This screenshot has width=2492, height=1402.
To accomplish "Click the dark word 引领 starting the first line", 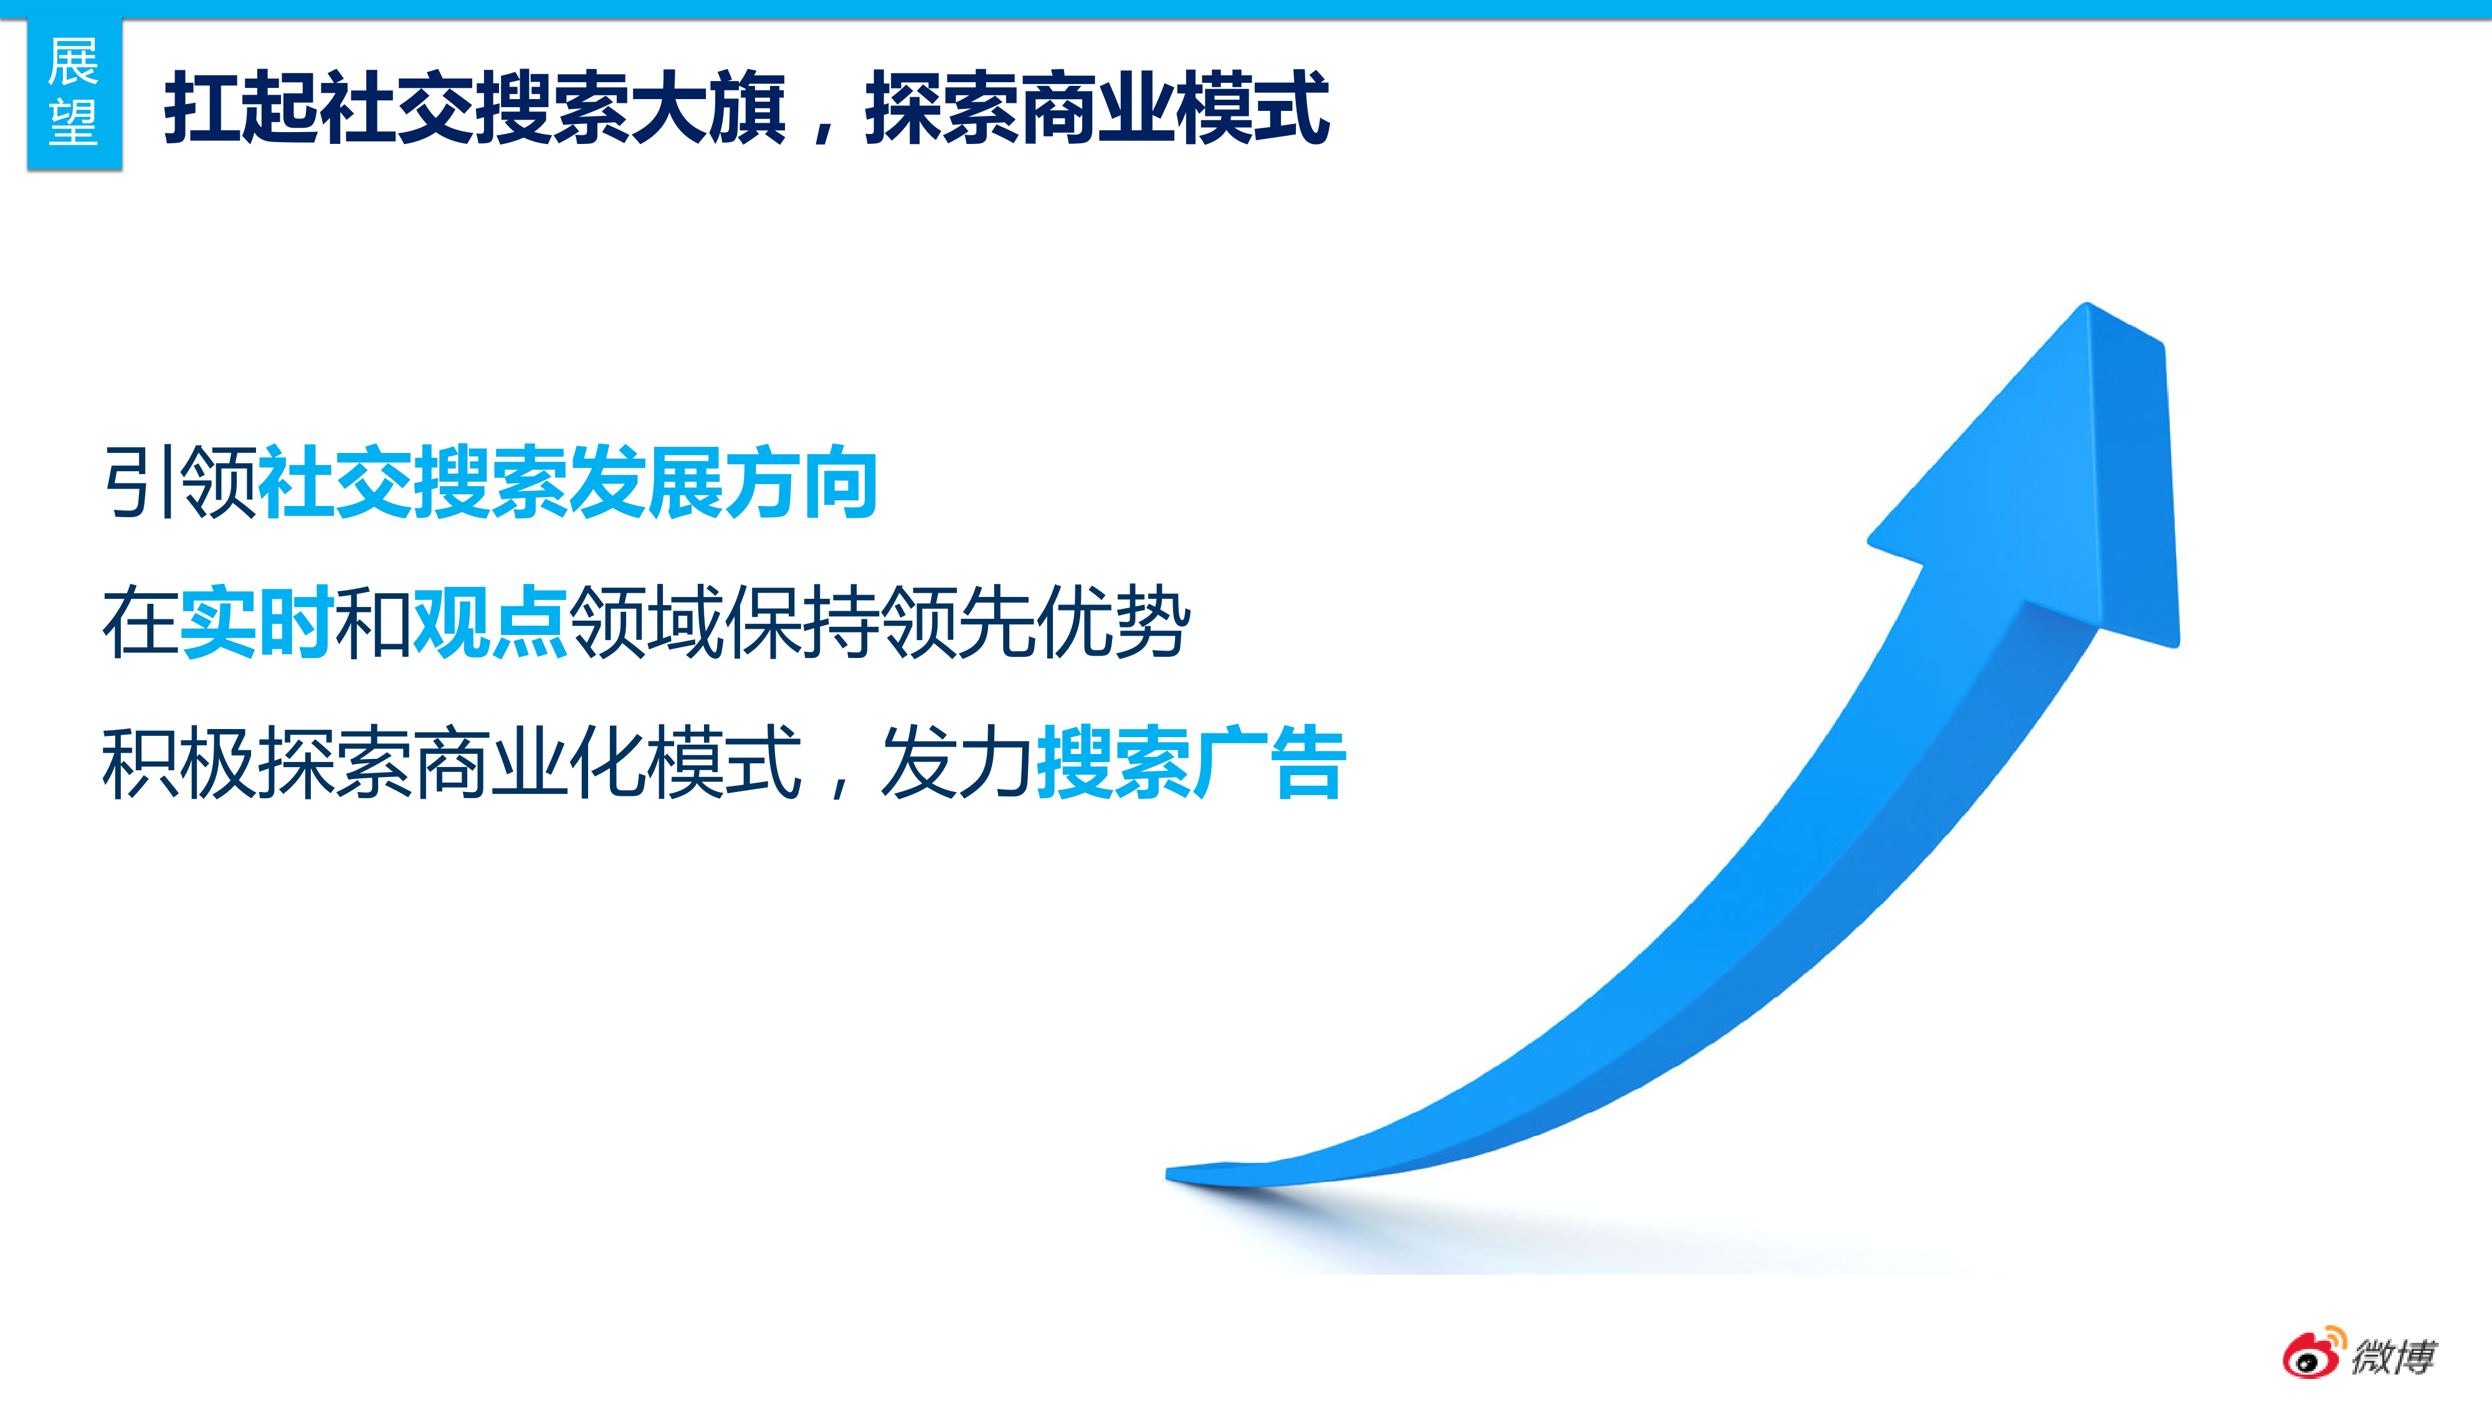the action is point(180,481).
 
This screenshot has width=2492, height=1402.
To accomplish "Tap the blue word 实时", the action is point(257,622).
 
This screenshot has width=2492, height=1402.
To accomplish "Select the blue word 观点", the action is point(490,622).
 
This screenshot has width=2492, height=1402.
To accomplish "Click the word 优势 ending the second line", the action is point(1113,622).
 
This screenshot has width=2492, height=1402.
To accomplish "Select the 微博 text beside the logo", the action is point(2394,1357).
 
